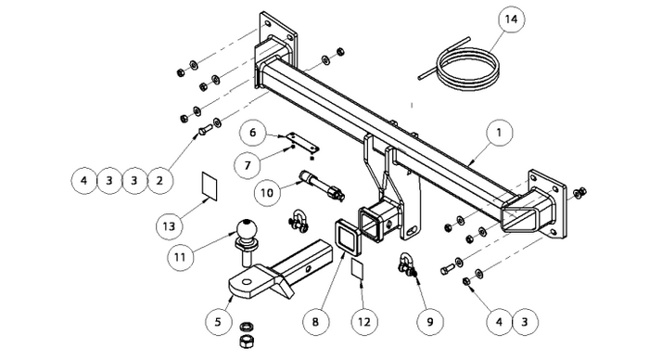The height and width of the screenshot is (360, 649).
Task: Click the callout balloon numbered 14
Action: click(511, 19)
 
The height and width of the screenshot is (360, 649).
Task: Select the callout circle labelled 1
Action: click(499, 133)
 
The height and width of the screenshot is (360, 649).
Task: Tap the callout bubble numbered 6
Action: click(253, 133)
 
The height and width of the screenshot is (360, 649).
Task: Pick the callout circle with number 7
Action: click(248, 165)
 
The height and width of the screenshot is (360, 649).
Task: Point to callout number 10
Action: click(267, 193)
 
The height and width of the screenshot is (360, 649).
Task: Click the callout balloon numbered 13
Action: click(170, 226)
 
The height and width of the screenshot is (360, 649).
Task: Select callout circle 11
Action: click(180, 258)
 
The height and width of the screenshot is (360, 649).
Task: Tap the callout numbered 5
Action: click(219, 321)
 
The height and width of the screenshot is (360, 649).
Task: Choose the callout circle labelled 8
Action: click(315, 321)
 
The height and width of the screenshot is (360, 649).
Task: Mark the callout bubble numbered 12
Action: click(364, 321)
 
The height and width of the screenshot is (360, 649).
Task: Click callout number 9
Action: click(429, 321)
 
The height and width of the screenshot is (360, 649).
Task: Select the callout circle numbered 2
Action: click(159, 181)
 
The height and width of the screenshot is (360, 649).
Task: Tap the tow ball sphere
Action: click(247, 229)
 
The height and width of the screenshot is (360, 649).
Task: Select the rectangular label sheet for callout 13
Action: click(210, 186)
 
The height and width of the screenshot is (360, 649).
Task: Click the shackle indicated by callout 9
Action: click(407, 265)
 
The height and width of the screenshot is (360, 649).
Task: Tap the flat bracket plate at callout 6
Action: click(303, 142)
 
